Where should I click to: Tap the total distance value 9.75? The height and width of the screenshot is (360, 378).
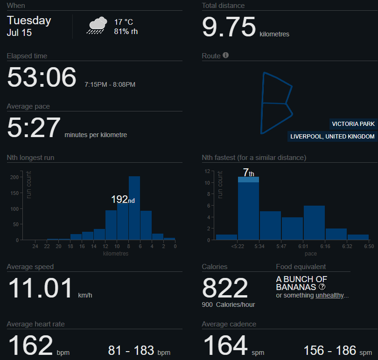point(229,27)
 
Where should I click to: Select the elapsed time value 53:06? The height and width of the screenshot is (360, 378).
point(41,77)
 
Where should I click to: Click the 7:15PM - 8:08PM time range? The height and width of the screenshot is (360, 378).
point(110,84)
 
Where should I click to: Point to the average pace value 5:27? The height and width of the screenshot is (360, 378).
point(33,128)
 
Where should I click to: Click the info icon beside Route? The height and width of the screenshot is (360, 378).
point(226,55)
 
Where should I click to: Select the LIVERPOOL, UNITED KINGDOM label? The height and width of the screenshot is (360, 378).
point(332,137)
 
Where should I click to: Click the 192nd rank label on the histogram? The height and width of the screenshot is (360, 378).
point(123,200)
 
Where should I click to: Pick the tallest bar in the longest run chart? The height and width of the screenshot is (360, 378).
point(134,208)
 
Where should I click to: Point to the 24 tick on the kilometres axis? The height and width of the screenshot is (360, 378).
point(35,246)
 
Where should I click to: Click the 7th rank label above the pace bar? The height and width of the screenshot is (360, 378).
point(248,173)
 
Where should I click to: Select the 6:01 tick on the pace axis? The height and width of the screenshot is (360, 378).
point(303,246)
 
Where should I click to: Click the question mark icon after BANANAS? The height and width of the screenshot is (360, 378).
point(322,287)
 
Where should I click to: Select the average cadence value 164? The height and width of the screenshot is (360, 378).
point(225,346)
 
